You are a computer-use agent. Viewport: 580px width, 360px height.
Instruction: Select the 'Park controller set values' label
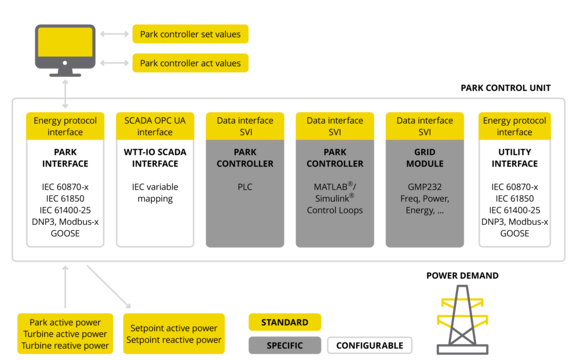pos(191,33)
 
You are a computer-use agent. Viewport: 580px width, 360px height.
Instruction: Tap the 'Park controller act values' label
pos(191,63)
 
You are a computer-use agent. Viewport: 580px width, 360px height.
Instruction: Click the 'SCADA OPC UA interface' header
pos(154,126)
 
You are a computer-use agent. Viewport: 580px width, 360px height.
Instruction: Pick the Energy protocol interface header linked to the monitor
pos(64,126)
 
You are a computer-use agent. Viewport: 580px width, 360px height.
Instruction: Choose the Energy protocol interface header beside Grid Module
pos(515,126)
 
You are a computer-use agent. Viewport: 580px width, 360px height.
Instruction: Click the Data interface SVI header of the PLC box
pos(244,126)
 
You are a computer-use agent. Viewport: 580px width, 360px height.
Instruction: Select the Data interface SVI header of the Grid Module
pos(424,126)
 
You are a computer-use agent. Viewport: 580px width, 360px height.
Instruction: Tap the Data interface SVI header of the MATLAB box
pos(334,126)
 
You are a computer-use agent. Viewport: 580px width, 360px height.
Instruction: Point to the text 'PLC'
pos(244,186)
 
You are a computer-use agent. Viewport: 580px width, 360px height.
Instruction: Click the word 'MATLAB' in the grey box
pos(329,186)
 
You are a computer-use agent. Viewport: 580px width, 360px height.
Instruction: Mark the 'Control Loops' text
pos(334,211)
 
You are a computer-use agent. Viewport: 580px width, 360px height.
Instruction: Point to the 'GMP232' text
pos(424,186)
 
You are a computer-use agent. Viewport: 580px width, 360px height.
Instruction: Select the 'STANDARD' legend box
pos(285,322)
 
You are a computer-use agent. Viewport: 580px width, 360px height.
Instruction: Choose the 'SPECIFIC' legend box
pos(285,346)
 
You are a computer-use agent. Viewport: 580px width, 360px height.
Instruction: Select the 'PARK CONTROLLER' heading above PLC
pos(244,157)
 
